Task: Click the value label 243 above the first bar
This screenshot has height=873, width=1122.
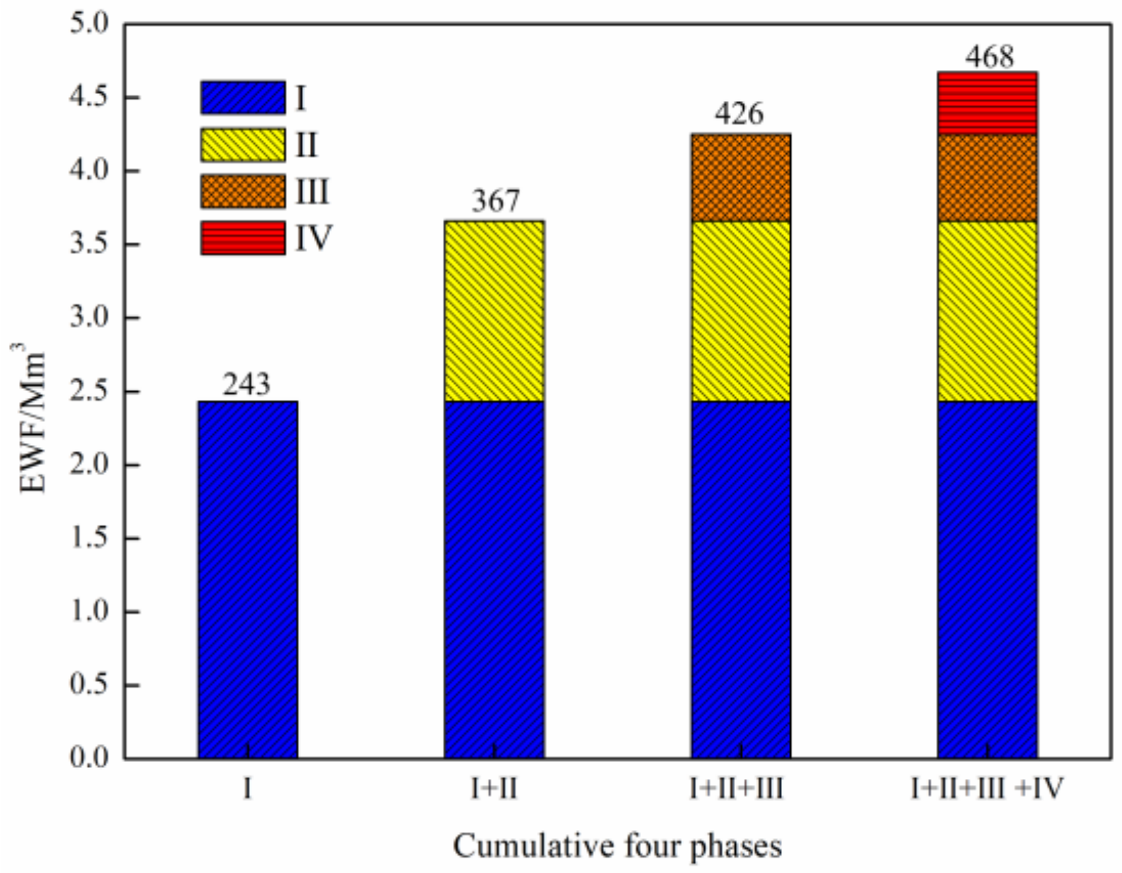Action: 247,385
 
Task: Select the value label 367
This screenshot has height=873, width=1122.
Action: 495,201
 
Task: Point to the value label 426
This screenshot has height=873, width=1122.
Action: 739,114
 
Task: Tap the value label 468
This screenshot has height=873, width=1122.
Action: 989,57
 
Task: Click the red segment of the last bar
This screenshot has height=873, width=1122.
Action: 987,103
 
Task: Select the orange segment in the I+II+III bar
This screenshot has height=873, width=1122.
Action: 741,178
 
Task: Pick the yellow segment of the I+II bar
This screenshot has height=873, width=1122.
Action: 495,311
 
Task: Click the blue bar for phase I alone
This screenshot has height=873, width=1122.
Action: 248,579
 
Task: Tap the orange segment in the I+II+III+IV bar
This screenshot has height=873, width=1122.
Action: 987,178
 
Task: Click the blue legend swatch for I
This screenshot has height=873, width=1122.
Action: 243,97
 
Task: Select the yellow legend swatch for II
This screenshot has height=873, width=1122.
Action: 243,145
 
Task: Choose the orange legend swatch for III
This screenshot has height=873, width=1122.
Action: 243,192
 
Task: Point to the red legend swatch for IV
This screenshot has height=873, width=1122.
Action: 243,238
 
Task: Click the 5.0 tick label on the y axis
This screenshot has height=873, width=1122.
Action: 89,25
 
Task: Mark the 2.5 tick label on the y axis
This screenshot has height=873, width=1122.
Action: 89,392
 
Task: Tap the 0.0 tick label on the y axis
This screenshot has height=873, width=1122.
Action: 89,758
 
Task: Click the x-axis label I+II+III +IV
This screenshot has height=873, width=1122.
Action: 987,789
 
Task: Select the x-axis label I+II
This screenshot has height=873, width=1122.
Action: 495,789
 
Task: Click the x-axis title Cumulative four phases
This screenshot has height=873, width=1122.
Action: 617,846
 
